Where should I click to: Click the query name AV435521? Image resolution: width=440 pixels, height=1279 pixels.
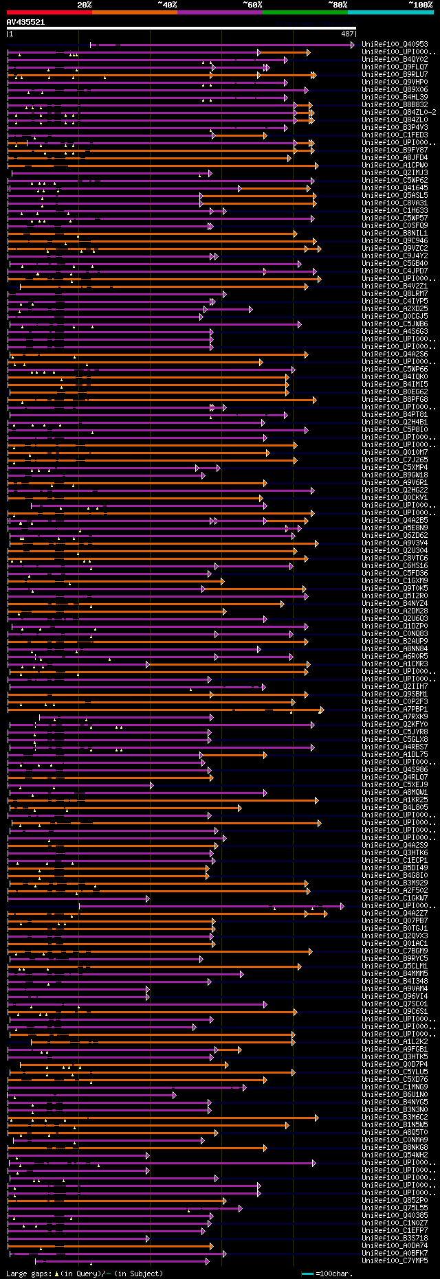coord(25,22)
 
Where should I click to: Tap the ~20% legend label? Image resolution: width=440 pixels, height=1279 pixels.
coord(84,4)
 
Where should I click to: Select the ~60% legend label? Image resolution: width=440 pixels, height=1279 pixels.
coord(252,4)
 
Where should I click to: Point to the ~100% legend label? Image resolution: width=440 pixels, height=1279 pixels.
coord(420,4)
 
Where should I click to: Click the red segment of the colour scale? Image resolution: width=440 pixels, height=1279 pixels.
coord(49,12)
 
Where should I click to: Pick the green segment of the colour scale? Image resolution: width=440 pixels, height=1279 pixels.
coord(305,12)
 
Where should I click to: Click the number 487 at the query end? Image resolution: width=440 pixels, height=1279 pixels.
coord(347,33)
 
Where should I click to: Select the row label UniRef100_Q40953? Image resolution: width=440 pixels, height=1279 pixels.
coord(395,45)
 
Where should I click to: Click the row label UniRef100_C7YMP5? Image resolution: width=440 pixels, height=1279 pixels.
coord(395,1260)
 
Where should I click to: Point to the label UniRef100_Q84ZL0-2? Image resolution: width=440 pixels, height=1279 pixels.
coord(399,113)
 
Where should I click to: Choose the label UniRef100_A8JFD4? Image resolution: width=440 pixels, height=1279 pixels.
coord(395,158)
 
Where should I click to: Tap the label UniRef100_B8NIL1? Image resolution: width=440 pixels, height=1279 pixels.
coord(395,234)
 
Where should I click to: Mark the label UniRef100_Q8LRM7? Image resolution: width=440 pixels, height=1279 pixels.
coord(395,294)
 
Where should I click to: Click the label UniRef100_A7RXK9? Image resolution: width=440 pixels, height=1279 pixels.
coord(395,717)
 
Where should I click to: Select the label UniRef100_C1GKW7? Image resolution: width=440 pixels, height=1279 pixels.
coord(395,898)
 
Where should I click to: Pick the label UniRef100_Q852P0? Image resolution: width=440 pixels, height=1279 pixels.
coord(395,1201)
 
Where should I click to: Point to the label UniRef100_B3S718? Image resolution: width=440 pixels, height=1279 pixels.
coord(395,1238)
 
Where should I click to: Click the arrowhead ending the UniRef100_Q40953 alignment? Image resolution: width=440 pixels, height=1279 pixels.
coord(353,45)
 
